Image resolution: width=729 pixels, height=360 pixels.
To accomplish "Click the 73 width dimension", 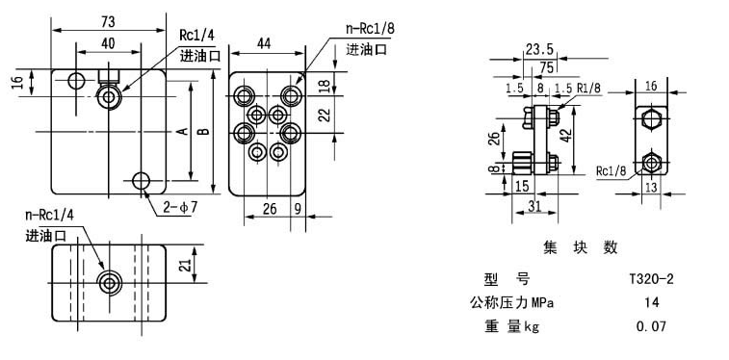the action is [x=108, y=21].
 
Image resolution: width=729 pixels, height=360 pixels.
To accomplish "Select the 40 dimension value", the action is [x=108, y=43].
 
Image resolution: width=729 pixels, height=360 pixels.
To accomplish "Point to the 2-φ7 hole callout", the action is [x=180, y=208].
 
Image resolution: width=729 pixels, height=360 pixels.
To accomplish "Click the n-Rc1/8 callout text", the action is [x=369, y=29].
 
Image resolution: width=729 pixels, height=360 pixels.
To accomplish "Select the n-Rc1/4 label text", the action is [x=50, y=215].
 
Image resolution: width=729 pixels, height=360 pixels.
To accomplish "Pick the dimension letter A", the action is [x=183, y=132].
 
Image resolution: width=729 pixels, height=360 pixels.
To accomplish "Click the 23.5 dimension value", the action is [x=539, y=49].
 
